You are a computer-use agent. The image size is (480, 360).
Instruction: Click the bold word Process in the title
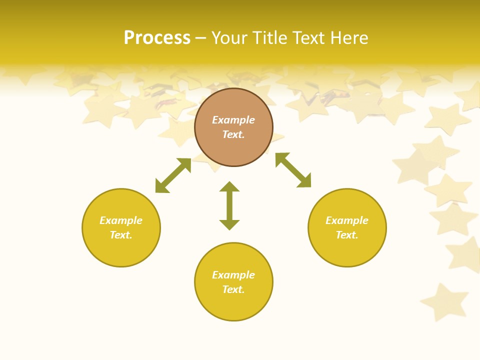pos(157,38)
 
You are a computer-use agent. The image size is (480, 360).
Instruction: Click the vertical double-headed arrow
pos(229,205)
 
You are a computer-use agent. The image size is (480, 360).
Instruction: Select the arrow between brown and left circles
pos(173,175)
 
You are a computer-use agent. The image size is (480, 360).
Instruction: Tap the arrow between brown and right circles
pos(293,170)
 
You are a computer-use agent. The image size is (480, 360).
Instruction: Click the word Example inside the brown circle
pos(233,120)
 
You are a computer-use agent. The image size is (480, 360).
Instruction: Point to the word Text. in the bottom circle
pos(233,289)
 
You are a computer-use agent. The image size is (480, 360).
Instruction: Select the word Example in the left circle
pos(121,220)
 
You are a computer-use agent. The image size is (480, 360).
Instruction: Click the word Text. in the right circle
pos(347,235)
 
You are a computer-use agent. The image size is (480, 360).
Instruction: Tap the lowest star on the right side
pos(444,302)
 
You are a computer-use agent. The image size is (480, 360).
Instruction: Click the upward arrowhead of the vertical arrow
pos(229,186)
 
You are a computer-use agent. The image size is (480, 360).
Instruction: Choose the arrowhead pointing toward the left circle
pos(161,187)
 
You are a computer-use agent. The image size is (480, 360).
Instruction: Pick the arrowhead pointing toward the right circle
pos(304,181)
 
